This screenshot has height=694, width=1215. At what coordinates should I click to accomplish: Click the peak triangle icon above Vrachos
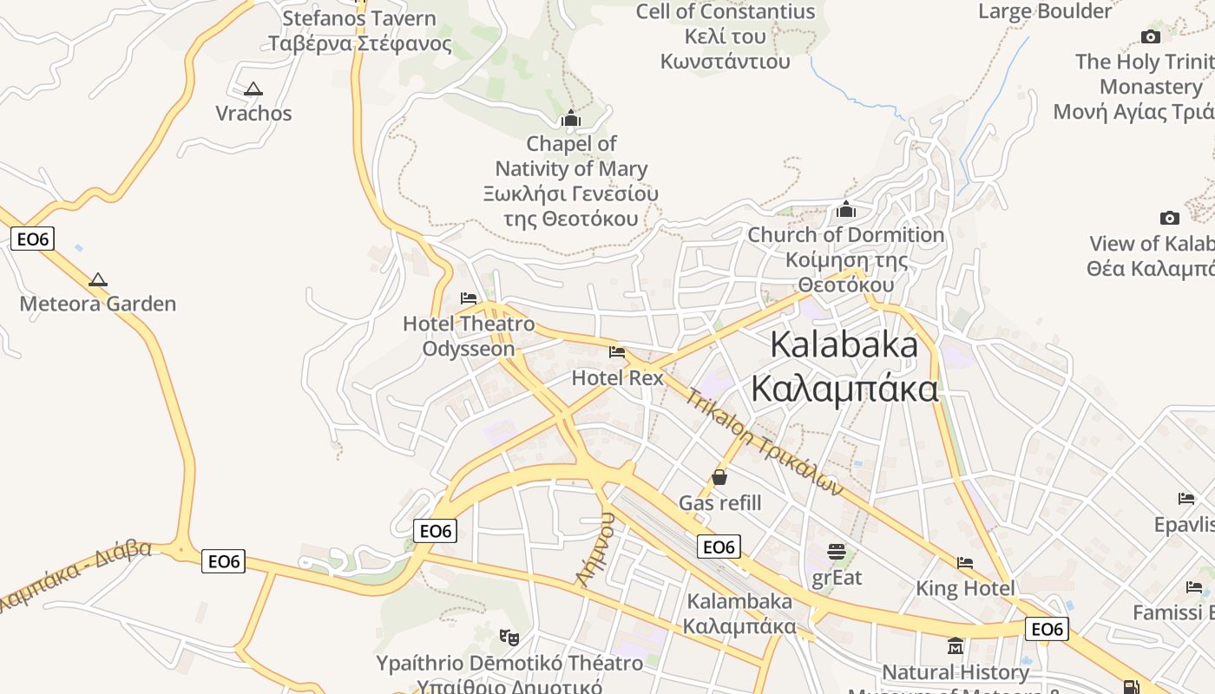pyautogui.click(x=253, y=88)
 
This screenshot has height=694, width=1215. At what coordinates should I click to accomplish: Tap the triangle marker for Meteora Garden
pyautogui.click(x=98, y=279)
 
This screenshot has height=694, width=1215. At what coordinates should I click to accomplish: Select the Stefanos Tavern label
pyautogui.click(x=359, y=30)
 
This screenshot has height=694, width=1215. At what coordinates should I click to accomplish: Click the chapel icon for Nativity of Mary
pyautogui.click(x=571, y=118)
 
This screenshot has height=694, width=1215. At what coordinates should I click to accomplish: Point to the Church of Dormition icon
pyautogui.click(x=846, y=210)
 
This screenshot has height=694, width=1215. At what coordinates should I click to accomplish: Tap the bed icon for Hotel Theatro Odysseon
pyautogui.click(x=469, y=298)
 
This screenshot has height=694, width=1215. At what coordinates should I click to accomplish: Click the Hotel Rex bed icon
pyautogui.click(x=617, y=352)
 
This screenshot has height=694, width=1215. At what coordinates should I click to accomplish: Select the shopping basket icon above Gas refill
pyautogui.click(x=719, y=477)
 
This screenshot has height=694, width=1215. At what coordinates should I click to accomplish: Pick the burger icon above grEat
pyautogui.click(x=837, y=552)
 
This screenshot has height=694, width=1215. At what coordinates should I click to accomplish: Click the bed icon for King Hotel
pyautogui.click(x=965, y=563)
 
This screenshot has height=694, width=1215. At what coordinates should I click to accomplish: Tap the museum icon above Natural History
pyautogui.click(x=956, y=646)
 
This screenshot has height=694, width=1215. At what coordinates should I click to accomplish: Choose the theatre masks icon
pyautogui.click(x=510, y=638)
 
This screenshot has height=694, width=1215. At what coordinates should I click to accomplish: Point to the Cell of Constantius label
pyautogui.click(x=726, y=36)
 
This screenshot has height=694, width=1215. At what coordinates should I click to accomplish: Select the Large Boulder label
pyautogui.click(x=1045, y=11)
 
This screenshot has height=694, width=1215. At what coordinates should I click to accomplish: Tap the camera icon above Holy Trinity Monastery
pyautogui.click(x=1151, y=36)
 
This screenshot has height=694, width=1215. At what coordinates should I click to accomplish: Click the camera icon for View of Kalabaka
pyautogui.click(x=1170, y=218)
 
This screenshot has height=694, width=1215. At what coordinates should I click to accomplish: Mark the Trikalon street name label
pyautogui.click(x=764, y=442)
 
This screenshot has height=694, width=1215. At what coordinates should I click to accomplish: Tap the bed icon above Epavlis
pyautogui.click(x=1186, y=499)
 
